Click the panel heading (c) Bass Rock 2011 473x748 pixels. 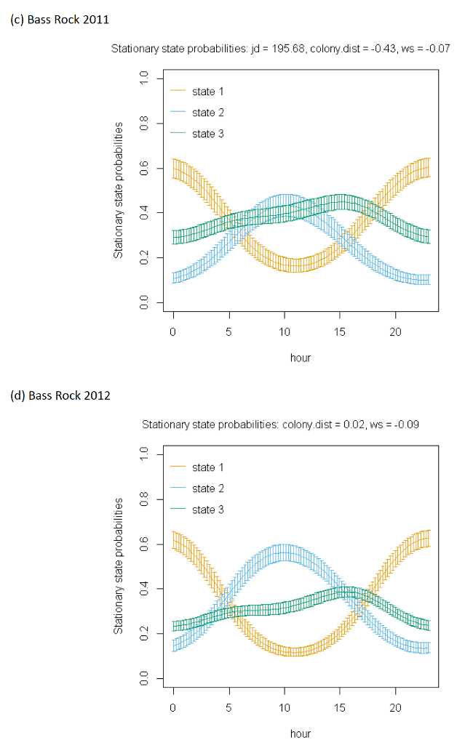tap(60, 20)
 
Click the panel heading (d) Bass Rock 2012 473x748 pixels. tap(60, 395)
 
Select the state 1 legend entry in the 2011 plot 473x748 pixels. tap(197, 91)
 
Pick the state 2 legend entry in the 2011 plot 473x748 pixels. tap(197, 113)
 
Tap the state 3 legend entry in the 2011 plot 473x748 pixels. tap(197, 134)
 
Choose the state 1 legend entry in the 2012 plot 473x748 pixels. tap(197, 467)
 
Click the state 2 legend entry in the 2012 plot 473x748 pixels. tap(197, 488)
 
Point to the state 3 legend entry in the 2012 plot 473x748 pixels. tap(197, 510)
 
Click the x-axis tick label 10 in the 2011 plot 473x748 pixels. tap(285, 332)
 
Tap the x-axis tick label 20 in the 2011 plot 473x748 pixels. tap(396, 332)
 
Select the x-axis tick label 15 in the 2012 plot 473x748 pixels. tap(340, 708)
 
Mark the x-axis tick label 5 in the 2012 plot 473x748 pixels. tap(228, 708)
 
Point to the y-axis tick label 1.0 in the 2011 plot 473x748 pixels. tap(144, 78)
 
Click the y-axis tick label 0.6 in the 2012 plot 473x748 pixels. tap(144, 544)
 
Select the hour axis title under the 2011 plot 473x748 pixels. tap(301, 358)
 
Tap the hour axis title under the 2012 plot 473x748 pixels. tap(301, 733)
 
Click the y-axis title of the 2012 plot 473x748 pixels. tap(118, 566)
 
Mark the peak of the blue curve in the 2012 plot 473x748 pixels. tap(285, 553)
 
